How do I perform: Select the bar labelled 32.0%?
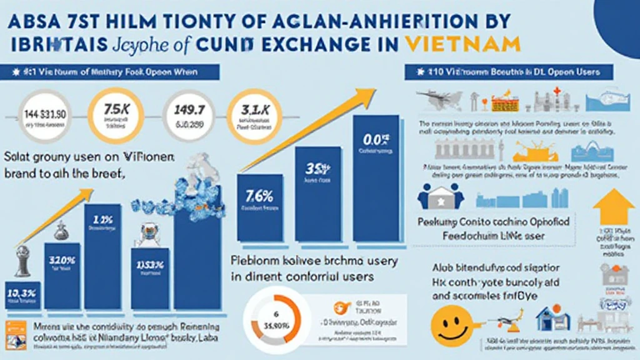coord(62,275)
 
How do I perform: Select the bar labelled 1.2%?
coord(101,256)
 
